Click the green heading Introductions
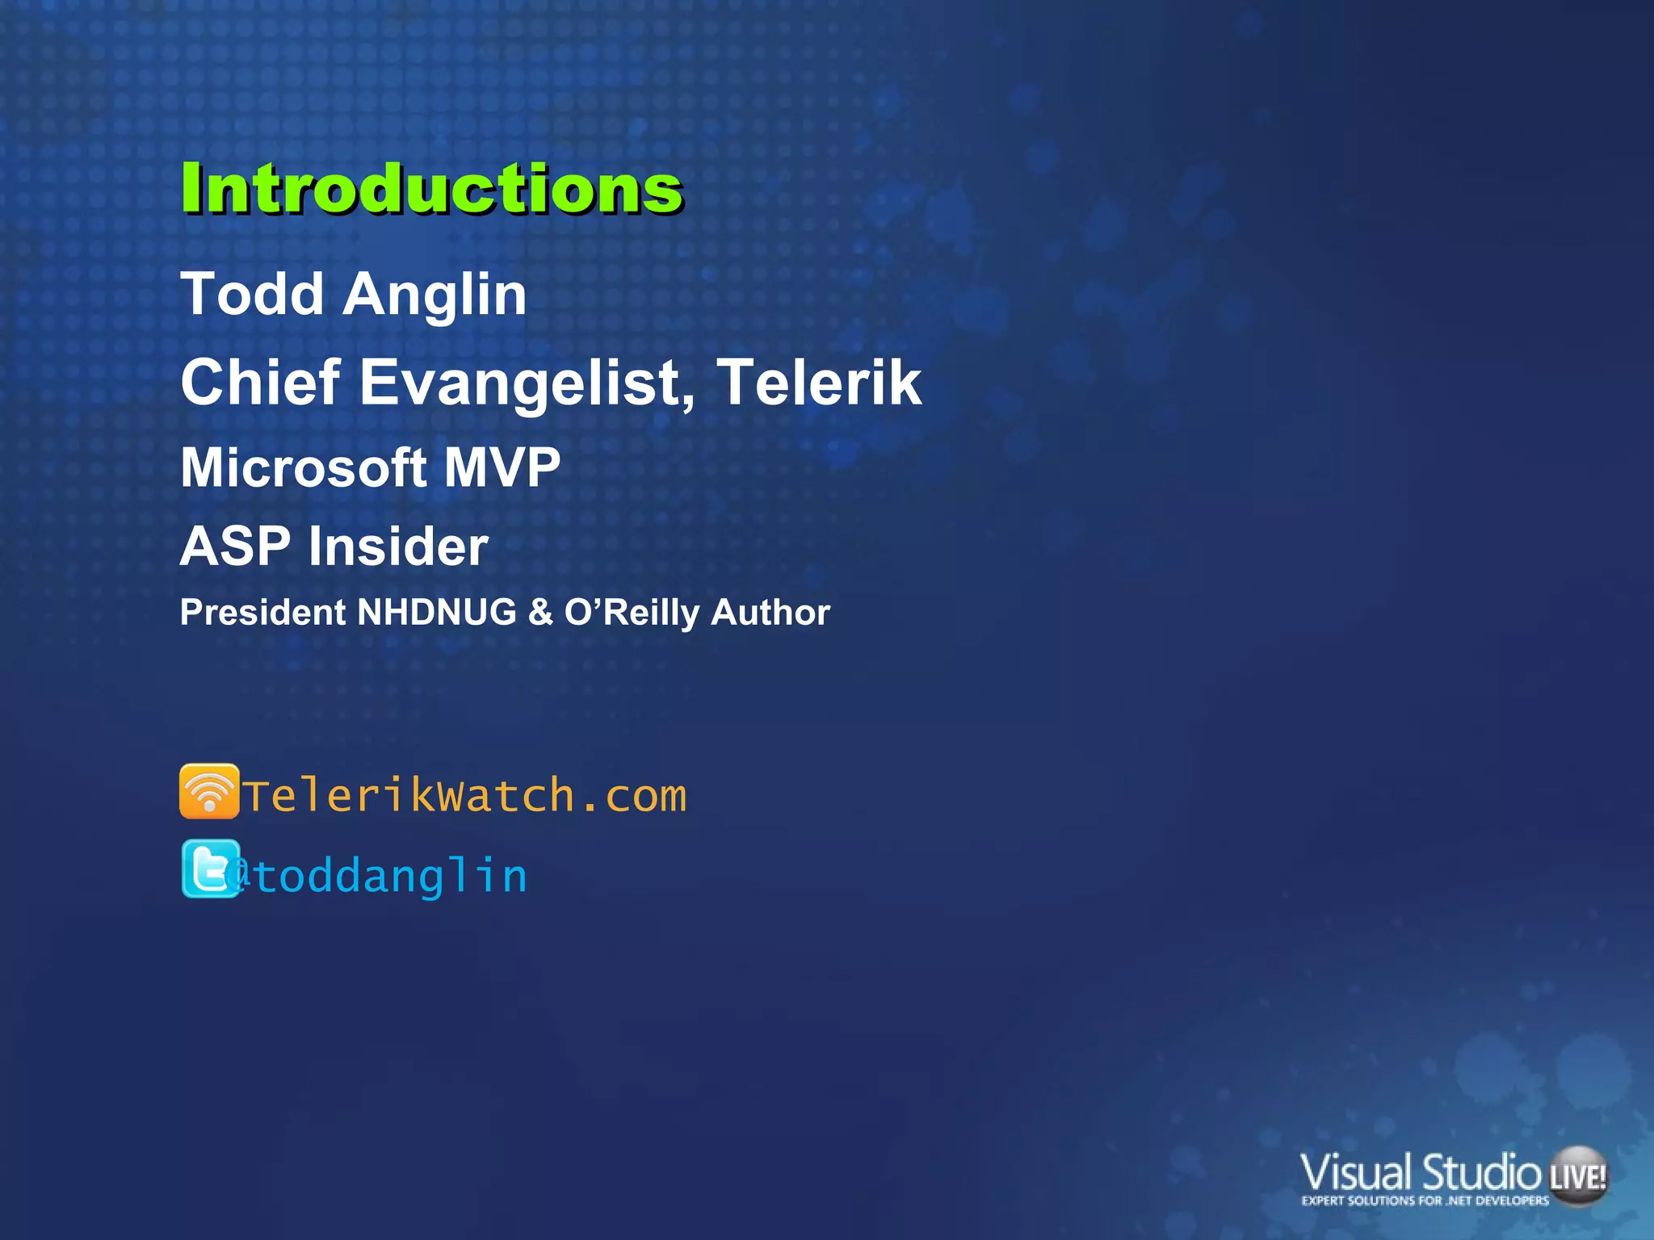pyautogui.click(x=431, y=189)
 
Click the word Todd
pyautogui.click(x=252, y=294)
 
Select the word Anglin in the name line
pyautogui.click(x=434, y=295)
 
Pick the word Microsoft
pyautogui.click(x=303, y=467)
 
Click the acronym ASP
pyautogui.click(x=234, y=547)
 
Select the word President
pyautogui.click(x=262, y=612)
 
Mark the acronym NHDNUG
pyautogui.click(x=436, y=612)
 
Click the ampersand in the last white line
pyautogui.click(x=539, y=612)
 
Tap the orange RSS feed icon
pyautogui.click(x=209, y=791)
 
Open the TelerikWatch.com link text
pyautogui.click(x=464, y=796)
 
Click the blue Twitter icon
pyautogui.click(x=210, y=869)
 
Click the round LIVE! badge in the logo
pyautogui.click(x=1577, y=1175)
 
